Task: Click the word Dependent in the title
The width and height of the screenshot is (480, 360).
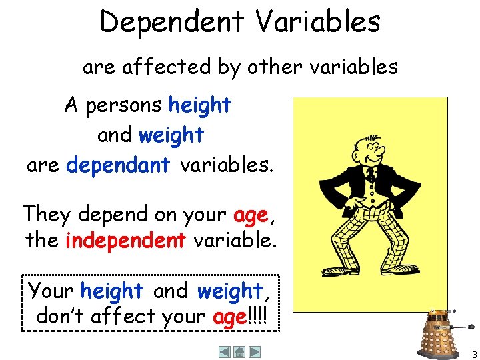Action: coord(172,21)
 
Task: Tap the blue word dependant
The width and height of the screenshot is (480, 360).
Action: coord(118,165)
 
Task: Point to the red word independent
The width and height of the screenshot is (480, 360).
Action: coord(125,239)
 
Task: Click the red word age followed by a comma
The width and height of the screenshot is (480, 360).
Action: coord(250,215)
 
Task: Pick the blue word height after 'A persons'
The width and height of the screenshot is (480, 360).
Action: coord(199,105)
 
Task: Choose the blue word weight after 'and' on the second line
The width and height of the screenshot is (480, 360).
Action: coord(171,135)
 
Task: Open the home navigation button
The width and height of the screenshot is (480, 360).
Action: coord(239,351)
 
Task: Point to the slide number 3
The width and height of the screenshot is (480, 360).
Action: coord(473,354)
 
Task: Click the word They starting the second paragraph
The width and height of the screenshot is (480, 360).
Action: coord(47,215)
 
